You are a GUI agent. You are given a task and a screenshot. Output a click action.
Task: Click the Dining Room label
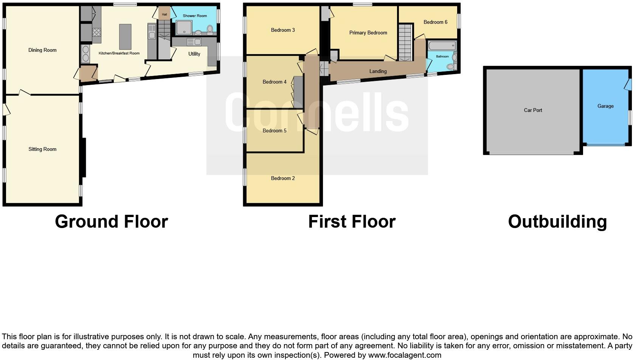pos(42,50)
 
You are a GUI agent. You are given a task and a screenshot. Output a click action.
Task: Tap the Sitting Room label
pos(42,149)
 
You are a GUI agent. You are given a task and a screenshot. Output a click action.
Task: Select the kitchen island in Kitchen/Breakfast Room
pos(125,37)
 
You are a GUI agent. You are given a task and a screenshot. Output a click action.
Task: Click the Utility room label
pos(194,54)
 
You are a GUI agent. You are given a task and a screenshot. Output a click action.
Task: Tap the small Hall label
pos(164,15)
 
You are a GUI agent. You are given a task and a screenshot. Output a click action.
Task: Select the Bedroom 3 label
pos(283,30)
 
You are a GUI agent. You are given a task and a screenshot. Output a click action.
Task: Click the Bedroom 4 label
pos(275,82)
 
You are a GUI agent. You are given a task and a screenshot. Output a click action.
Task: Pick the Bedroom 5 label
pos(275,130)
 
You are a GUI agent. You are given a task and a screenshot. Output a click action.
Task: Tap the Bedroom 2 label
pos(283,178)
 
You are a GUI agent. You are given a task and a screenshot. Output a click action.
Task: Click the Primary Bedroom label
pos(368,33)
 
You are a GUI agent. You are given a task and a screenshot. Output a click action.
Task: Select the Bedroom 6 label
pos(435,22)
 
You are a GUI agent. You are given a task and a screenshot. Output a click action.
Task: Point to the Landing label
pos(378,71)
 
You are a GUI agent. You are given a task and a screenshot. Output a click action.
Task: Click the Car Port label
pos(533,110)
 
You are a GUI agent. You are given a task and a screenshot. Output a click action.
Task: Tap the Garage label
pos(605,106)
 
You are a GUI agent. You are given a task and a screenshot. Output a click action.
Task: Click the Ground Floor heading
pos(111,222)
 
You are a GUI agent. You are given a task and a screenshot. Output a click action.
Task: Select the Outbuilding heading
pos(557,222)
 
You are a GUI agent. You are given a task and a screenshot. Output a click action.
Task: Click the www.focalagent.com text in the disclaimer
pos(405,355)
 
